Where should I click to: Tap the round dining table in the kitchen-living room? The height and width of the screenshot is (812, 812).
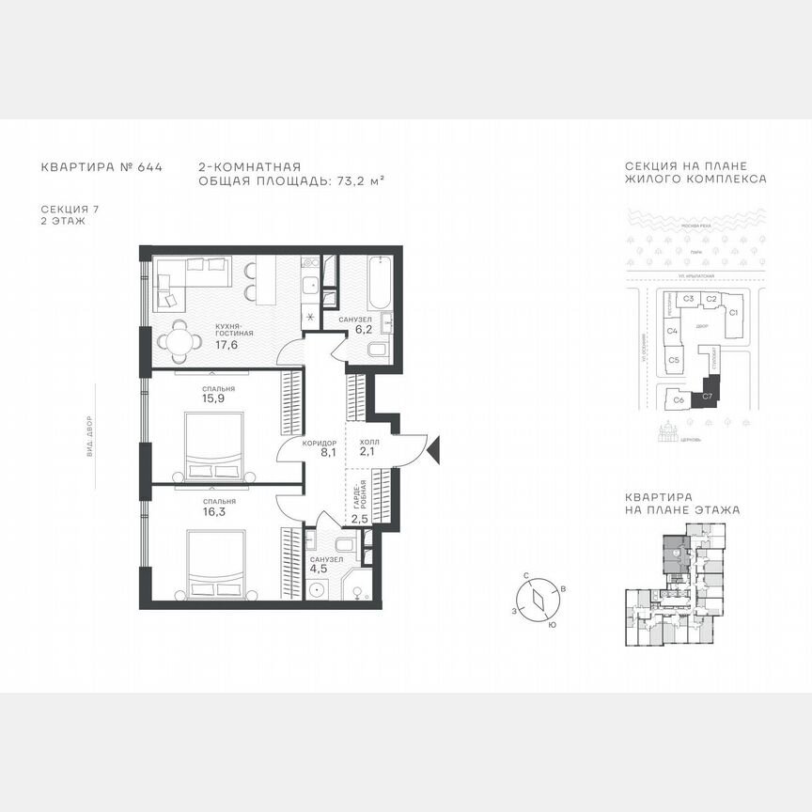181,340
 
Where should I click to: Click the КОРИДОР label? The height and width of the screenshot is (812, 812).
320,442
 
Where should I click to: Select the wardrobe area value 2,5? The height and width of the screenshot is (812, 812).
360,518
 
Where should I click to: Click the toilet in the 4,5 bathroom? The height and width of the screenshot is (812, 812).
343,546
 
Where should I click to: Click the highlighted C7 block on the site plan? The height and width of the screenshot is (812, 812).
709,398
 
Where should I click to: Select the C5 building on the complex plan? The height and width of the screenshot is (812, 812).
674,360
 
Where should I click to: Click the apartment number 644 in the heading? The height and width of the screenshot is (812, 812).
149,167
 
